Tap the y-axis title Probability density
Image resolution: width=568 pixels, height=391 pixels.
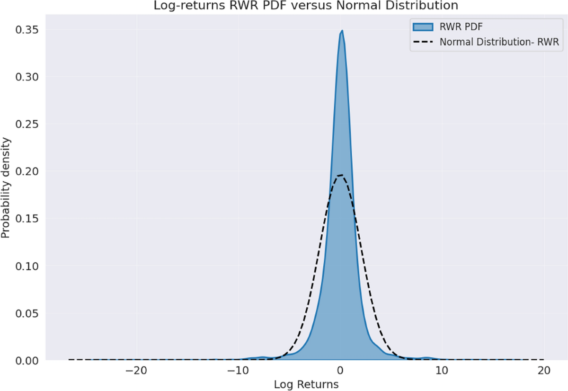click(x=6, y=188)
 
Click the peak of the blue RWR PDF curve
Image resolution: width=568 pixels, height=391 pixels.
click(x=342, y=31)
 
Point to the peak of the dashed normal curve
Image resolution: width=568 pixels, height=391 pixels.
click(x=340, y=176)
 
